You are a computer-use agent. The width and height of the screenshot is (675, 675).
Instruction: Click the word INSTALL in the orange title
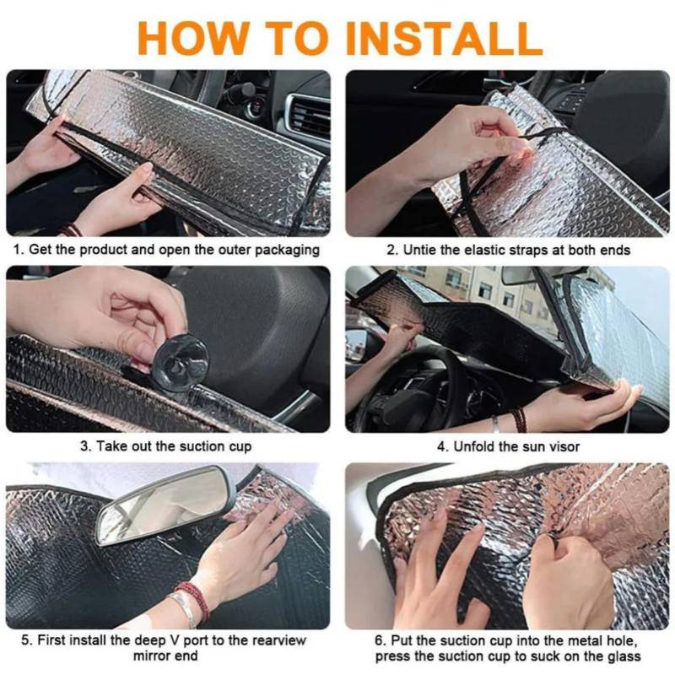(x=444, y=38)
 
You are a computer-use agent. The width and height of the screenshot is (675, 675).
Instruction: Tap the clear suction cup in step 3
(x=181, y=362)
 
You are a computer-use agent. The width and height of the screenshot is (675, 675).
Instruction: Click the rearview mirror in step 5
(x=165, y=505)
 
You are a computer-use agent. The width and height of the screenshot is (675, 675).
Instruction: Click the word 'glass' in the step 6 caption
(x=624, y=656)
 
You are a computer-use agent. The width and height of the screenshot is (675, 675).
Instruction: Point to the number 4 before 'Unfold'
(x=442, y=446)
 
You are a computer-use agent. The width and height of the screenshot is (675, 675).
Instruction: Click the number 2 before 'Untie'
(x=391, y=250)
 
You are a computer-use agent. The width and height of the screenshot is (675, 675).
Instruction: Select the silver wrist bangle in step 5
(x=185, y=607)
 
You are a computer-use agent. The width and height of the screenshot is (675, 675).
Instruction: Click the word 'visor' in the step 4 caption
(x=564, y=446)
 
